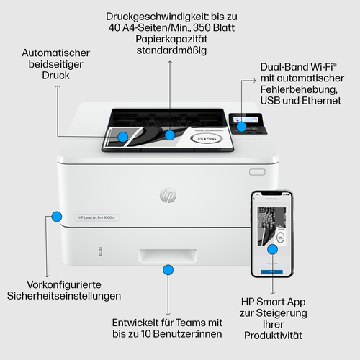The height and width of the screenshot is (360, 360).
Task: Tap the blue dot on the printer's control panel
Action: click(x=242, y=126)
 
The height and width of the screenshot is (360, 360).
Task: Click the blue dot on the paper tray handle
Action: click(x=168, y=270)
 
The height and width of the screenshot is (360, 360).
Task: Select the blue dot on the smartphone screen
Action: click(x=273, y=249)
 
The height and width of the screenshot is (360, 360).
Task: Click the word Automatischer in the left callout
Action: click(x=55, y=53)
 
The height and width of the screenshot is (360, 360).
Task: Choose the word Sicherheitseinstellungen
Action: click(x=64, y=296)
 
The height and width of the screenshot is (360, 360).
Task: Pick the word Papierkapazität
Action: click(x=171, y=40)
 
